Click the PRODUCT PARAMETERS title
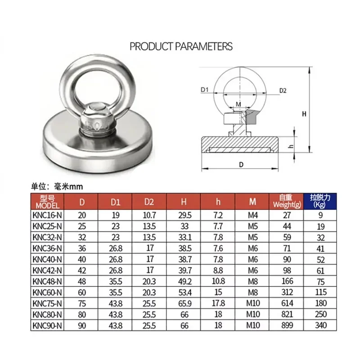[181, 46]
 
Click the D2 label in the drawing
[283, 90]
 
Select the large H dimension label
[304, 114]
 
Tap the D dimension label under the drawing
[241, 165]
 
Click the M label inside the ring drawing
[238, 104]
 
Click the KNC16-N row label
[47, 216]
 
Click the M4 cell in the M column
[252, 216]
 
